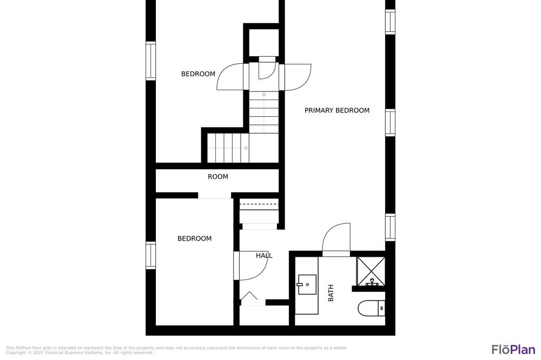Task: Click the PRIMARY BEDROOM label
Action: [337, 110]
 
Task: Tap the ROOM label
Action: [217, 177]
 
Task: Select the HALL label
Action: [265, 256]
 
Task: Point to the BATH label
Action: [331, 293]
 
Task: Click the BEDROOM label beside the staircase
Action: [198, 74]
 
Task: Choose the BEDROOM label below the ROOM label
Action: [195, 238]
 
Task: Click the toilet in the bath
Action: [371, 308]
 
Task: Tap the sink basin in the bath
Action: [307, 284]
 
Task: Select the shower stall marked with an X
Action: [371, 271]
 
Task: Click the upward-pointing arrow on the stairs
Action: [264, 112]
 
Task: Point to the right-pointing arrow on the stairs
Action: [228, 148]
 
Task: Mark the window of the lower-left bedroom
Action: [150, 255]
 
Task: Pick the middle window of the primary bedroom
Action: [390, 122]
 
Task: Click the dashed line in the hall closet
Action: [259, 204]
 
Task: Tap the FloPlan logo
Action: [513, 349]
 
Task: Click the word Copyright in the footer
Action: [16, 353]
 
